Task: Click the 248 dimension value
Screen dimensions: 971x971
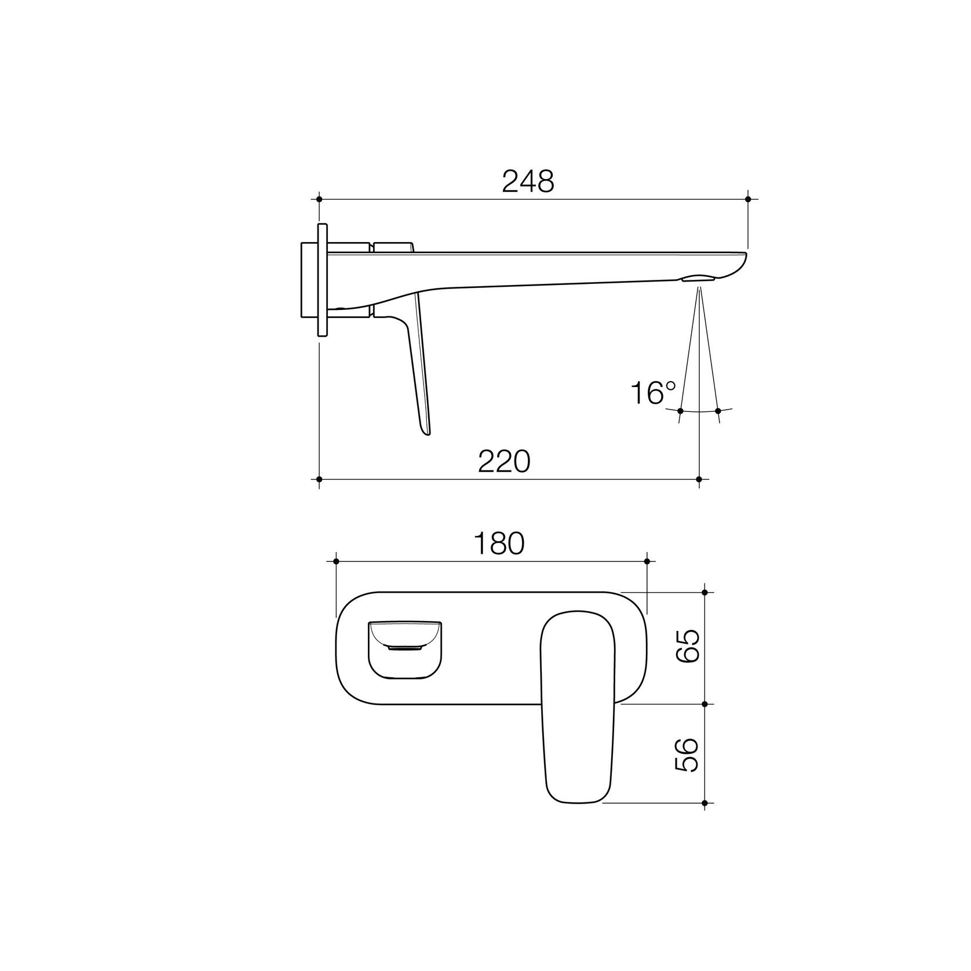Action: pos(528,181)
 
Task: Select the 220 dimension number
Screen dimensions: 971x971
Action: pos(504,462)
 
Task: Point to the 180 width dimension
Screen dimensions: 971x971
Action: pos(499,543)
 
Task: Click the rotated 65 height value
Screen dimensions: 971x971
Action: pos(688,647)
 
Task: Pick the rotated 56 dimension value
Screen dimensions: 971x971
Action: pos(688,755)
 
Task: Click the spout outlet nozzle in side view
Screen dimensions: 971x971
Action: pos(699,279)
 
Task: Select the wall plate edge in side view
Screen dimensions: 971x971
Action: pos(322,279)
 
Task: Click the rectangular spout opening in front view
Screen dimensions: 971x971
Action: pos(404,649)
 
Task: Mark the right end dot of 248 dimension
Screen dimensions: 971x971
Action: pos(747,199)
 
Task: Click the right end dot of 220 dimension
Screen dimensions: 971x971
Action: pos(699,479)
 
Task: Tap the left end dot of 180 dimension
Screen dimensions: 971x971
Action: pos(336,561)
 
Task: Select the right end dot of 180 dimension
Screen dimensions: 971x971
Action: pos(647,561)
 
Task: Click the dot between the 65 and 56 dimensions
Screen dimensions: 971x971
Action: pos(704,704)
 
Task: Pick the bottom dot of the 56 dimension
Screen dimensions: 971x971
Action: pos(704,803)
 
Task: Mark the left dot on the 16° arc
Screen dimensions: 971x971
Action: pos(680,411)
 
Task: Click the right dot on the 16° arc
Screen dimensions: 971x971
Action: pos(718,411)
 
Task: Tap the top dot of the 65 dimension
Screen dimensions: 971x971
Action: pos(704,592)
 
